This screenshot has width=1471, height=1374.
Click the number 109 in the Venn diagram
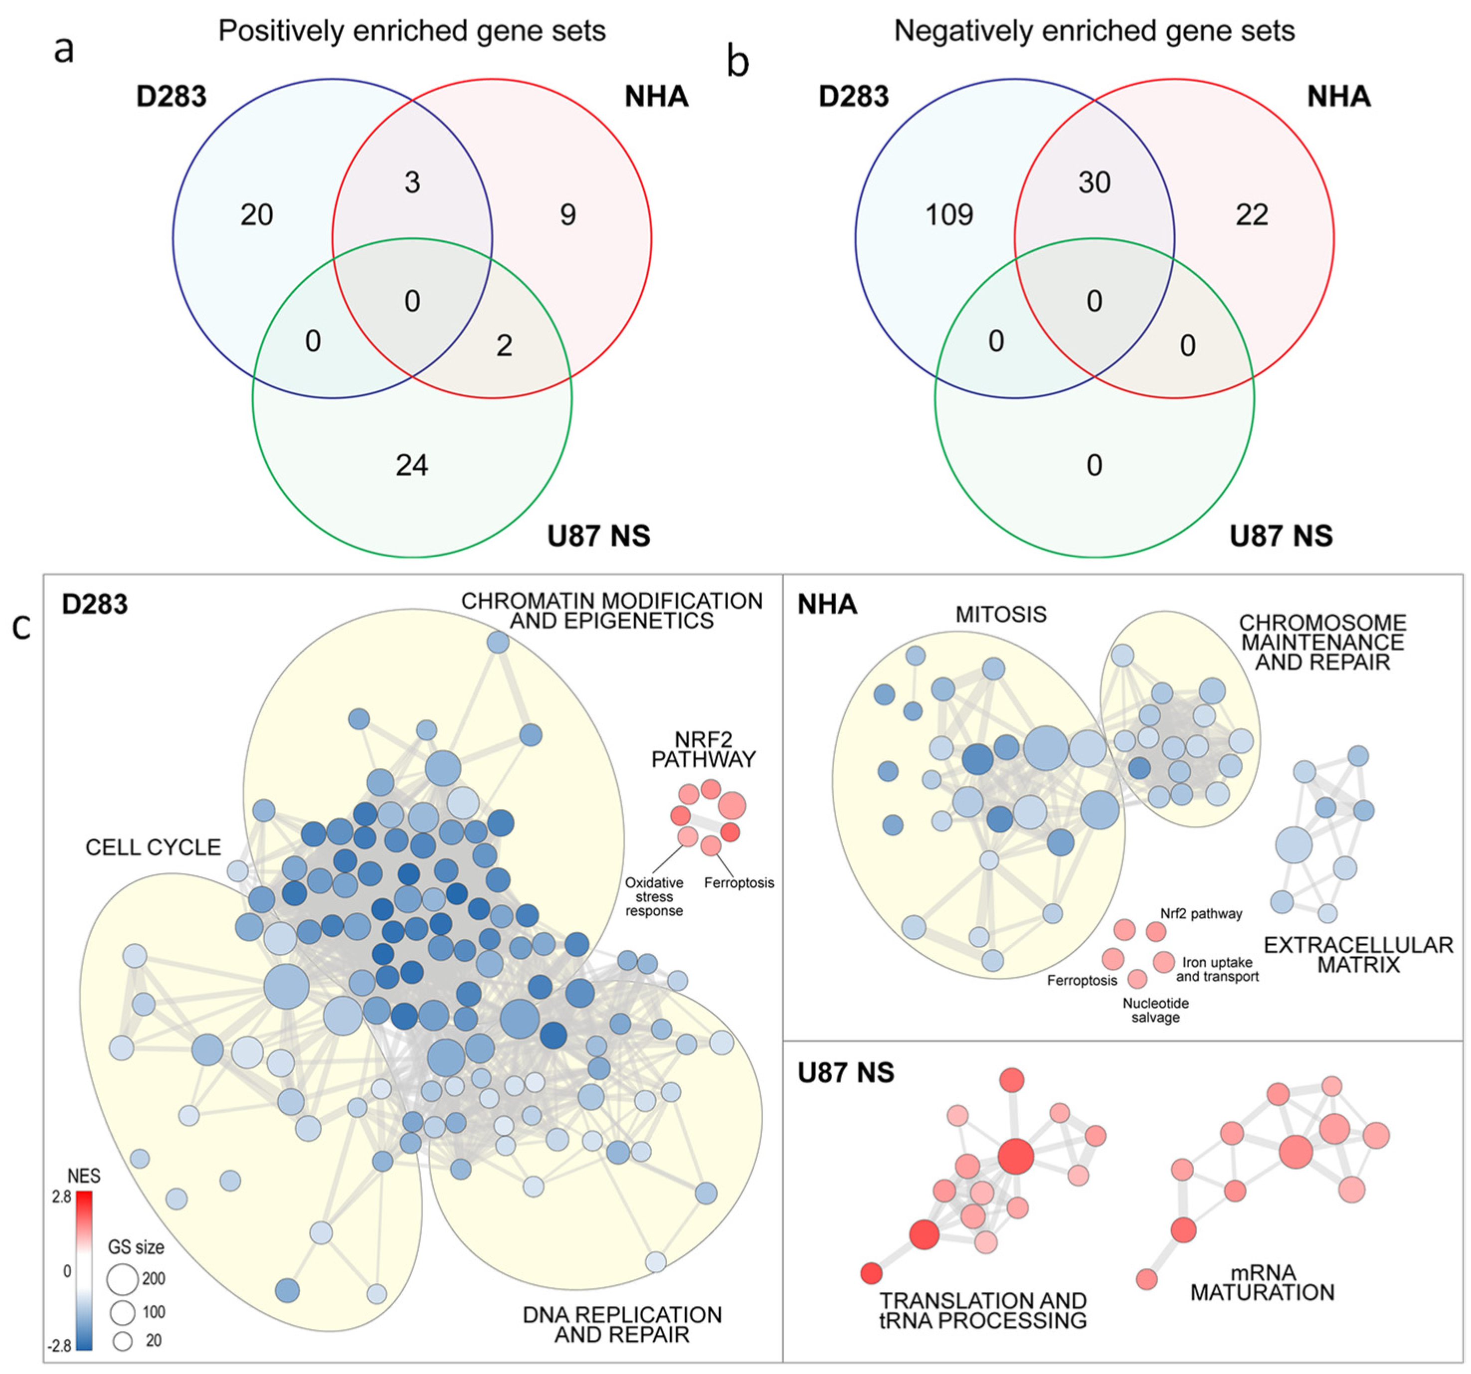pyautogui.click(x=949, y=215)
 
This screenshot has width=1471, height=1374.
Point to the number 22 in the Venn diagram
pyautogui.click(x=1251, y=215)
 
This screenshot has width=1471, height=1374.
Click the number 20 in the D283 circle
pyautogui.click(x=257, y=215)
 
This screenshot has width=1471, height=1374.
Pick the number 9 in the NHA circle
pyautogui.click(x=567, y=215)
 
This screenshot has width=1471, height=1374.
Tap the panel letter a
pyautogui.click(x=64, y=49)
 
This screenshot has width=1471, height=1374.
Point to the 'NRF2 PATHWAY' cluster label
pyautogui.click(x=703, y=749)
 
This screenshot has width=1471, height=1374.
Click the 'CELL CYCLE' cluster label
pyautogui.click(x=153, y=847)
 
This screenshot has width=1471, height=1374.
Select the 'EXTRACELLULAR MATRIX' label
pyautogui.click(x=1358, y=955)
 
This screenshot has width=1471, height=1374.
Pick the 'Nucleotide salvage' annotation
pyautogui.click(x=1155, y=1010)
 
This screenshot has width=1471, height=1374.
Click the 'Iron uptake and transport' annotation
pyautogui.click(x=1217, y=969)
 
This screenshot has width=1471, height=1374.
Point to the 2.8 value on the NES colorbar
pyautogui.click(x=61, y=1197)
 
